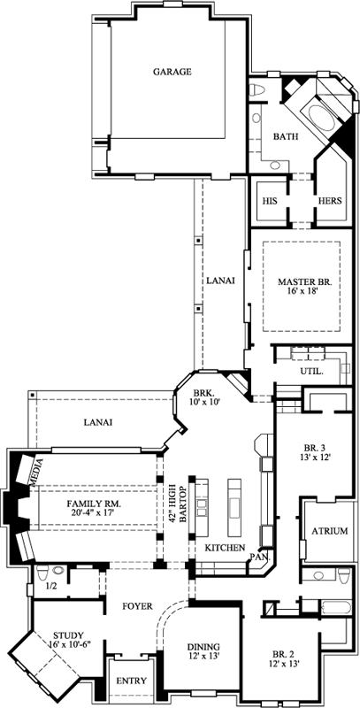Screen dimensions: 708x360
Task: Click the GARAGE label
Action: pos(172,72)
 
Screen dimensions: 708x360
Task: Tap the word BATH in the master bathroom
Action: pos(285,137)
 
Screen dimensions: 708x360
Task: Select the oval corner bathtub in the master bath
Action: pos(319,116)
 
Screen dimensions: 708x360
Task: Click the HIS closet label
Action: pos(270,201)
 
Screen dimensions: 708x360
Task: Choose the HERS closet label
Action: pos(330,201)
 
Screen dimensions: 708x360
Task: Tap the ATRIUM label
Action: pos(329,531)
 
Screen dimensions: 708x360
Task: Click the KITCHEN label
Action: pos(224,549)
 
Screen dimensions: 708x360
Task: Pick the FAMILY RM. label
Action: pos(94,504)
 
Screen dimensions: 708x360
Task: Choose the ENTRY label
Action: pos(131,683)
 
